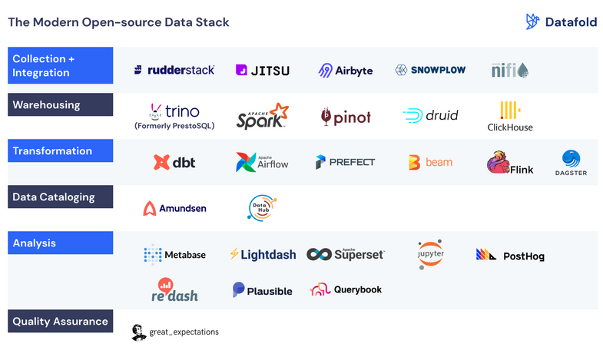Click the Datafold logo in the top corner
click(x=561, y=22)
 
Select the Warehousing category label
click(x=46, y=105)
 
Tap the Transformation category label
click(x=52, y=151)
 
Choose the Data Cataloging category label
click(x=54, y=197)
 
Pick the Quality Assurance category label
click(x=60, y=322)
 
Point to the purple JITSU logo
click(x=263, y=70)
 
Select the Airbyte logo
click(x=346, y=70)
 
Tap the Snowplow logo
click(x=430, y=70)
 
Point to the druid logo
click(x=430, y=116)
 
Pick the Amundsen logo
click(x=174, y=208)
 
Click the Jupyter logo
click(x=430, y=254)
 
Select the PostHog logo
click(x=510, y=255)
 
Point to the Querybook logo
click(x=346, y=290)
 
